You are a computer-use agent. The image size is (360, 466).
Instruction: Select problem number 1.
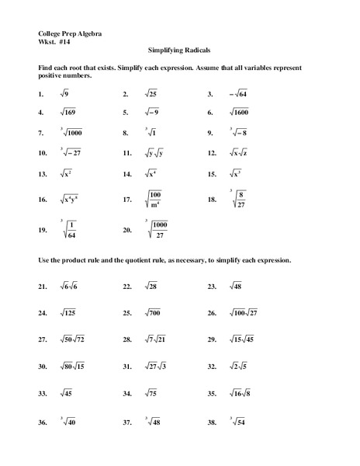tap(40, 94)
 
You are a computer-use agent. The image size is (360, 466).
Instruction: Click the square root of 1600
tap(242, 113)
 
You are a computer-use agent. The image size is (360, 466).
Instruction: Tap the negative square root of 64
tap(237, 94)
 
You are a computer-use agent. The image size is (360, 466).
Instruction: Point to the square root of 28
tap(151, 287)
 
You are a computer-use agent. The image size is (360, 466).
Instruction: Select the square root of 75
tap(151, 394)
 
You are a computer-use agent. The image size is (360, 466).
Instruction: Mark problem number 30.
tap(42, 367)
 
